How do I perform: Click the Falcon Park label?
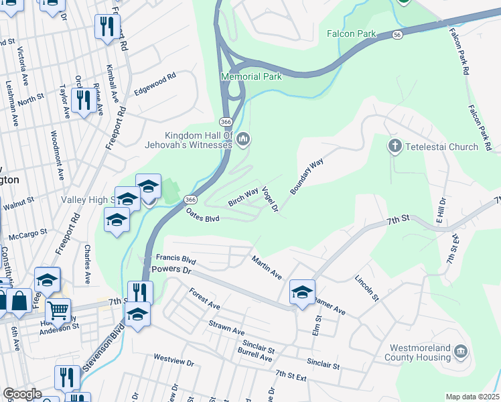click(x=352, y=33)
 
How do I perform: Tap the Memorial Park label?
click(x=252, y=76)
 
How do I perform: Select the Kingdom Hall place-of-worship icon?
click(x=243, y=139)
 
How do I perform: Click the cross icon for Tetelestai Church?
click(x=395, y=146)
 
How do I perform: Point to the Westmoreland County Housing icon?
click(x=460, y=351)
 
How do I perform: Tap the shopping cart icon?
click(x=59, y=310)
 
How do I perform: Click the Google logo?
click(x=22, y=394)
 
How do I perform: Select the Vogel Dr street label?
click(x=270, y=200)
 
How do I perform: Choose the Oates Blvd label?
click(x=203, y=214)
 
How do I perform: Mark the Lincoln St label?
click(x=367, y=287)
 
